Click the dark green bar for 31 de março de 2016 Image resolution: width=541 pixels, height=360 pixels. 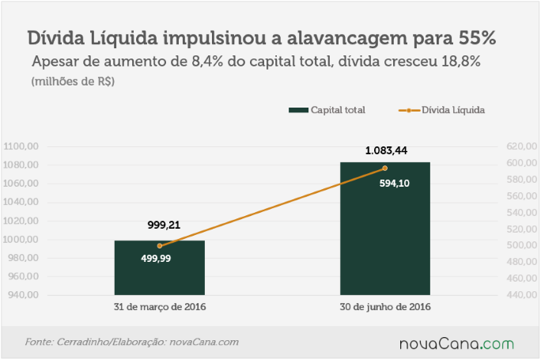click(160, 267)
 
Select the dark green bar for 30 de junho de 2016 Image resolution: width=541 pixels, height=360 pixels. click(385, 229)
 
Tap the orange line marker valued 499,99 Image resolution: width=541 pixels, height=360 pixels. click(160, 246)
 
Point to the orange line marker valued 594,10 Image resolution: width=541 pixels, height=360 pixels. click(384, 168)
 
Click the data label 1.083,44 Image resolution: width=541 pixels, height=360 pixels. click(386, 150)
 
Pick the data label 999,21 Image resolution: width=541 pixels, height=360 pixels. click(164, 225)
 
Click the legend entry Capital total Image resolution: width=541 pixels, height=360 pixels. click(327, 110)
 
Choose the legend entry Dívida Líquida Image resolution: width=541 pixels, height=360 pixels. click(441, 110)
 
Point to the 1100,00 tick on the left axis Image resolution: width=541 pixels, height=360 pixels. click(21, 146)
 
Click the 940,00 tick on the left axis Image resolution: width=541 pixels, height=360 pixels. click(23, 295)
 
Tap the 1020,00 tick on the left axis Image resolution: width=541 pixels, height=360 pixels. click(21, 221)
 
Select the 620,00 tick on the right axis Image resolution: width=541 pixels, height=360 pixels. click(522, 146)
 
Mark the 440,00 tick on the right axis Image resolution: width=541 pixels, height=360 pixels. click(522, 295)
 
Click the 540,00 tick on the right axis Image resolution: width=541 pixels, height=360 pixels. click(522, 212)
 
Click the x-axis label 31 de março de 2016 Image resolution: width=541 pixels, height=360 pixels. click(160, 307)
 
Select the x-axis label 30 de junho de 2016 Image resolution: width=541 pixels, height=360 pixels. click(385, 307)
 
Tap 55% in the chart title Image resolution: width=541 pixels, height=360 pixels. click(477, 38)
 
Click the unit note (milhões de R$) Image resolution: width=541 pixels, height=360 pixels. click(73, 81)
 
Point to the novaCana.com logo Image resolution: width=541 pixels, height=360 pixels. click(457, 344)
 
